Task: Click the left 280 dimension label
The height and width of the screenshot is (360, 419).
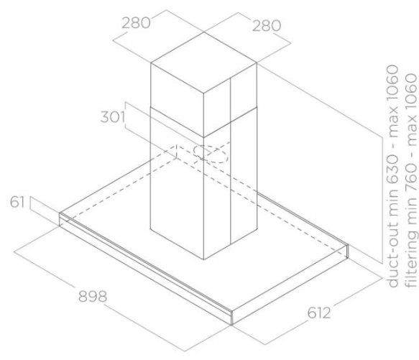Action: (x=136, y=23)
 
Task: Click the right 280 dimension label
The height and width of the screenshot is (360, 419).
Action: (x=267, y=26)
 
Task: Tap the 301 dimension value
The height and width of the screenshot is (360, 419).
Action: (x=113, y=117)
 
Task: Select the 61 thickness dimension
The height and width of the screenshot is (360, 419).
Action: (x=17, y=202)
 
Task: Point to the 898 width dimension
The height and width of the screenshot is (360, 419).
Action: (x=93, y=296)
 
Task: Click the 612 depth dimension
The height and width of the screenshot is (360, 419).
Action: (x=319, y=313)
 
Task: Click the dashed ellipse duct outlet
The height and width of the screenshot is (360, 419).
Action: (x=211, y=154)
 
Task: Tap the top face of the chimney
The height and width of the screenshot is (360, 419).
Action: (x=203, y=63)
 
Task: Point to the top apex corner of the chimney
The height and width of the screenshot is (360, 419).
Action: (x=204, y=32)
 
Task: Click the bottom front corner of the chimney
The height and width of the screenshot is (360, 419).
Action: (x=204, y=259)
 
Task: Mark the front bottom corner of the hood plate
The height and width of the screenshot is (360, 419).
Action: (x=231, y=326)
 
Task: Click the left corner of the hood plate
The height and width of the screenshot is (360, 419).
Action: (x=60, y=213)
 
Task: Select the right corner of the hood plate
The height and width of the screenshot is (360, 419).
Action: (x=348, y=245)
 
